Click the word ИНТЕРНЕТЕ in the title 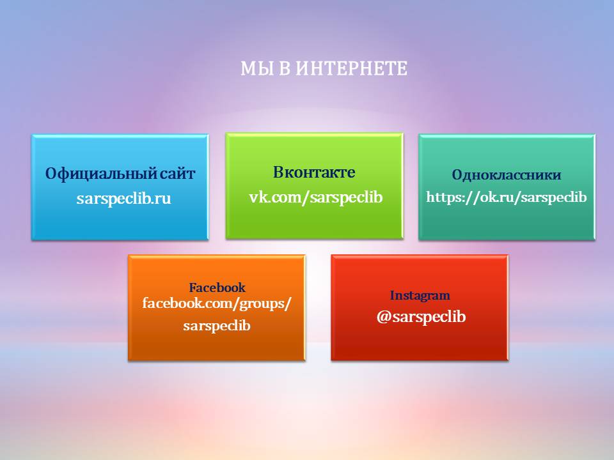click(351, 68)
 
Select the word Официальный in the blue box click(100, 174)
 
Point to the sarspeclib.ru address click(123, 199)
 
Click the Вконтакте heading click(314, 172)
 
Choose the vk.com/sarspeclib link click(315, 197)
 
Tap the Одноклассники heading click(507, 174)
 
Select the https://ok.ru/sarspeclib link click(507, 197)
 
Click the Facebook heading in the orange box click(217, 288)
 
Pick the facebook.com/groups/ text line click(217, 303)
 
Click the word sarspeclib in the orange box click(217, 325)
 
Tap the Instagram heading click(420, 296)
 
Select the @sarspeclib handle click(421, 317)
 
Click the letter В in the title click(285, 68)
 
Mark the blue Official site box click(120, 187)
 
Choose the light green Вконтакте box click(314, 186)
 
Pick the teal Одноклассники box click(507, 187)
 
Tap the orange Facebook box click(217, 307)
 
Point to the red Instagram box click(420, 307)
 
